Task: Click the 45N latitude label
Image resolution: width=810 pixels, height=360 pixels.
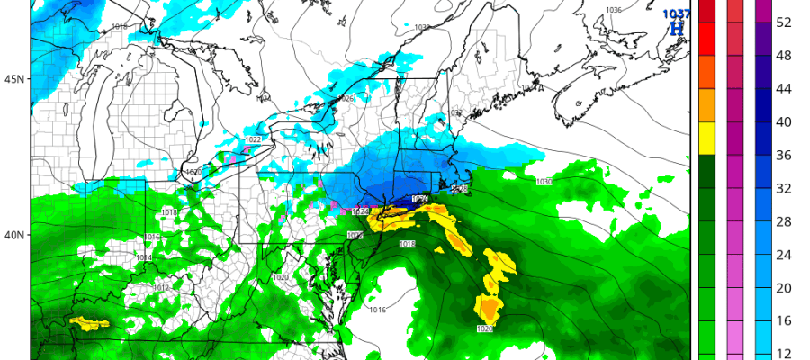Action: tap(13, 79)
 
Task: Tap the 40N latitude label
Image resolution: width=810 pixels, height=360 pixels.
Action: tap(13, 235)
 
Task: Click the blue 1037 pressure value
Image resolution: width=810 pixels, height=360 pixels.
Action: tap(675, 13)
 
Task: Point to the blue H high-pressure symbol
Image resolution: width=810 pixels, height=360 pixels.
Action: tap(677, 29)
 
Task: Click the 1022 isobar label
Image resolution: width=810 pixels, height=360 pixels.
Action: tap(253, 140)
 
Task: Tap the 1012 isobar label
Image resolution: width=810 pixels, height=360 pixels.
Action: tap(161, 288)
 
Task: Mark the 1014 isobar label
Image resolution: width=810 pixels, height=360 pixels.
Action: tap(144, 258)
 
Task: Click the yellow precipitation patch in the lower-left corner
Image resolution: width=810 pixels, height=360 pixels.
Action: tap(88, 322)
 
